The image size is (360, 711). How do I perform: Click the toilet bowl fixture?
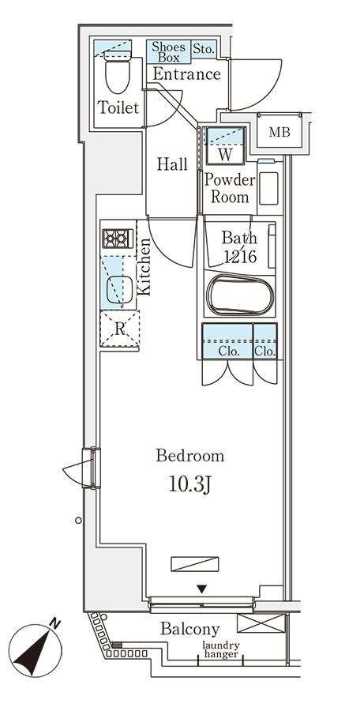pyautogui.click(x=118, y=72)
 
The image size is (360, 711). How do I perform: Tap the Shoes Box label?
pyautogui.click(x=169, y=52)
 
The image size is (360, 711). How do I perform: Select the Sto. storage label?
pyautogui.click(x=204, y=49)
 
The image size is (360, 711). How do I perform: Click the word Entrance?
pyautogui.click(x=186, y=74)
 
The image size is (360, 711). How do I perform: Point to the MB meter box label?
pyautogui.click(x=279, y=133)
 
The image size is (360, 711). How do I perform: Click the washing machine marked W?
pyautogui.click(x=225, y=145)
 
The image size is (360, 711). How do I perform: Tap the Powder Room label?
pyautogui.click(x=230, y=188)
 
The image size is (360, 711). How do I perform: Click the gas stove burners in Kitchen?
pyautogui.click(x=118, y=239)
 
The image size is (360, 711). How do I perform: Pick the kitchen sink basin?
pyautogui.click(x=120, y=290)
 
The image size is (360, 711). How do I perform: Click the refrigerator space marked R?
pyautogui.click(x=120, y=329)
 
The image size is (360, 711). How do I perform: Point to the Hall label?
pyautogui.click(x=172, y=164)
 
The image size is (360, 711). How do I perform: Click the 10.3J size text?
pyautogui.click(x=189, y=485)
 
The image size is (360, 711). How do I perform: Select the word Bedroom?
pyautogui.click(x=190, y=456)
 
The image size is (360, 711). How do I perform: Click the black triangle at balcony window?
pyautogui.click(x=202, y=589)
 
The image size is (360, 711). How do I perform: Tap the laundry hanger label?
pyautogui.click(x=221, y=650)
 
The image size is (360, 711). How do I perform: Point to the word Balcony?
pyautogui.click(x=190, y=630)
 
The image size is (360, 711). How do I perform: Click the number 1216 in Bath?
pyautogui.click(x=240, y=257)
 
